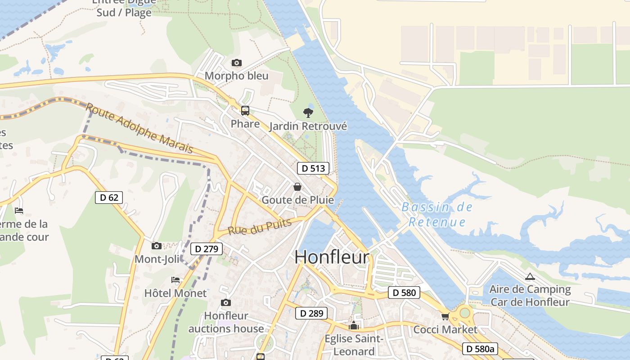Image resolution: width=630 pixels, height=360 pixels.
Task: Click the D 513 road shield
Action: [x=313, y=168]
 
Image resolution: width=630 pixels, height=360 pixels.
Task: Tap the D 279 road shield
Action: [x=207, y=248]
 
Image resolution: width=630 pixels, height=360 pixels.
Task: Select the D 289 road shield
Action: [x=311, y=313]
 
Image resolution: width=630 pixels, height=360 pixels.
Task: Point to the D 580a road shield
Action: [x=480, y=348]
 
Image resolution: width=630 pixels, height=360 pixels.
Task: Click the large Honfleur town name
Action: [x=332, y=257]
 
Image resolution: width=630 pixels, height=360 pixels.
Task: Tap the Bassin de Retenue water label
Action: [x=437, y=214]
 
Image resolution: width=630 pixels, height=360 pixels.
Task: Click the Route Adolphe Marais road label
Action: [x=139, y=127]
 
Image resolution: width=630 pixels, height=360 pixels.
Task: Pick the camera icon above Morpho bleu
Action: [x=236, y=63]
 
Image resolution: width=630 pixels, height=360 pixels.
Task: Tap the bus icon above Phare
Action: [x=245, y=110]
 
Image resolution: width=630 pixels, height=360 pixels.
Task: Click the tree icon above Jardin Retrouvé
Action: [x=308, y=112]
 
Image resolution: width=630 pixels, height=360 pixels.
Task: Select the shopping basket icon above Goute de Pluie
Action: [x=297, y=186]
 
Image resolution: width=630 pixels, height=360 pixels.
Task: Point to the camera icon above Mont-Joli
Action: [x=157, y=246]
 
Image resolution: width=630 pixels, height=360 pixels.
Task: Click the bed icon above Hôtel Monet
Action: [x=175, y=280]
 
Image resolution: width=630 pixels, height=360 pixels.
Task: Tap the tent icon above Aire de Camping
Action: [x=530, y=276]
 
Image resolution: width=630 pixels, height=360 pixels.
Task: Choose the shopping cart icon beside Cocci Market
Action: [x=445, y=316]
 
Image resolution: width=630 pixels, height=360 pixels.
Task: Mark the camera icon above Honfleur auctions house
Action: [x=226, y=302]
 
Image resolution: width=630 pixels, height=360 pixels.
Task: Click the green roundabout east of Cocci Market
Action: [x=465, y=312]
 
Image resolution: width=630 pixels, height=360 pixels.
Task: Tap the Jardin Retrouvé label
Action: [x=308, y=126]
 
